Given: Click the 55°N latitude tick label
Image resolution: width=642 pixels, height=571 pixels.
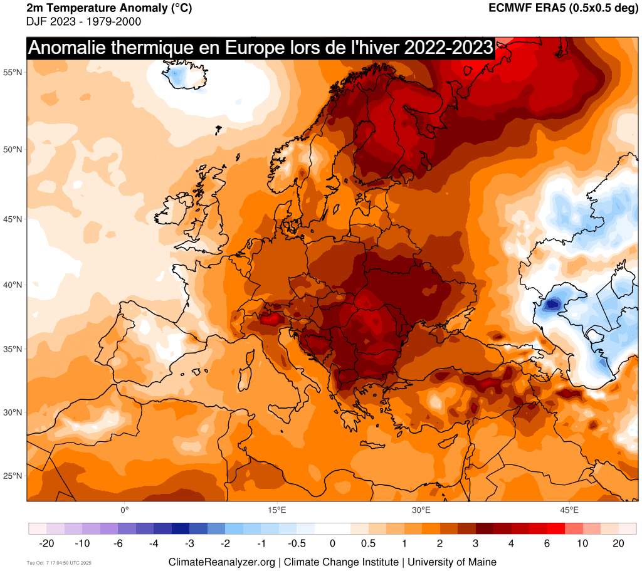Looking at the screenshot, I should click(x=13, y=73).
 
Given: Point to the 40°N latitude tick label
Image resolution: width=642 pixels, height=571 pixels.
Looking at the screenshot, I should click(x=13, y=285).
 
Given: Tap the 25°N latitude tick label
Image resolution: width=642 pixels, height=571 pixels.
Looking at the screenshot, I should click(x=13, y=476).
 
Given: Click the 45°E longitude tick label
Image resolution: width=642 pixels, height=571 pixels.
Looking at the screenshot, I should click(x=569, y=510).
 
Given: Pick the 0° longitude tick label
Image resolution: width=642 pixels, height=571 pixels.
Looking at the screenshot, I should click(x=124, y=510).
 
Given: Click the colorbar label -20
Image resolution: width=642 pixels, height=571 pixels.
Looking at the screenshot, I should click(x=46, y=543).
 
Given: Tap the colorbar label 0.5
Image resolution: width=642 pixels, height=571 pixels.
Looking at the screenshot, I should click(x=369, y=543).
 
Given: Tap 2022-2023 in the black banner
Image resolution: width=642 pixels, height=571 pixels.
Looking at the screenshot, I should click(x=448, y=48).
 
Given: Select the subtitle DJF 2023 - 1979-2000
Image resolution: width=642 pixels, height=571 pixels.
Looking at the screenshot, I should click(x=83, y=22).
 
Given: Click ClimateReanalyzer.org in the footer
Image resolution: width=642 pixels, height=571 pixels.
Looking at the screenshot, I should click(x=221, y=562).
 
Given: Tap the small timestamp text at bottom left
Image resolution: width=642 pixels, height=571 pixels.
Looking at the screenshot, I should click(x=60, y=562).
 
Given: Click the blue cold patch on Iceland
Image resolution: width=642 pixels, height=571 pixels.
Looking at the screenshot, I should click(x=177, y=76).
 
